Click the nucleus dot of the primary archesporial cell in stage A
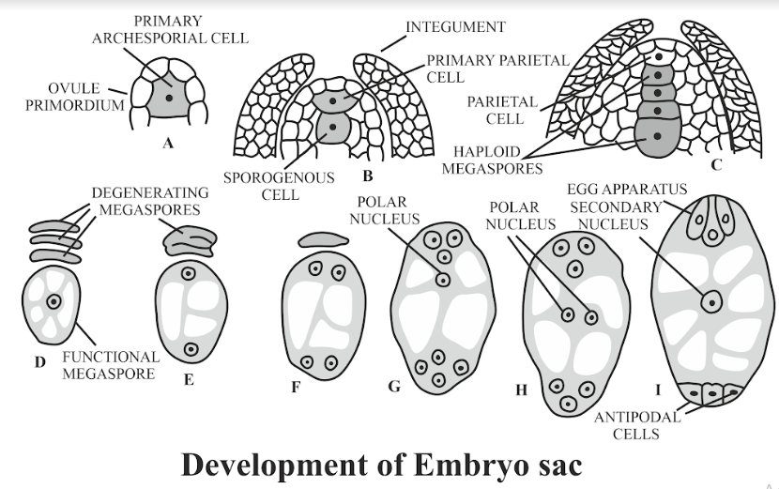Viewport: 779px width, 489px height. pyautogui.click(x=169, y=98)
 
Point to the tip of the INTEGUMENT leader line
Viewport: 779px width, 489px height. pyautogui.click(x=381, y=52)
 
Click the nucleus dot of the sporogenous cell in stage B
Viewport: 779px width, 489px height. pyautogui.click(x=332, y=128)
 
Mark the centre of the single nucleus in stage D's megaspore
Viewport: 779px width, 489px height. pyautogui.click(x=53, y=301)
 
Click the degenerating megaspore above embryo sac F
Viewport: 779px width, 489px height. pyautogui.click(x=324, y=240)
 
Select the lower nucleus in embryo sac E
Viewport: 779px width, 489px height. pyautogui.click(x=191, y=349)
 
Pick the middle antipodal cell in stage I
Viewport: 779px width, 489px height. pyautogui.click(x=712, y=392)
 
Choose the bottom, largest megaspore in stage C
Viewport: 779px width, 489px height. pyautogui.click(x=657, y=137)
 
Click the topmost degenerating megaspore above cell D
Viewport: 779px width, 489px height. pyautogui.click(x=54, y=227)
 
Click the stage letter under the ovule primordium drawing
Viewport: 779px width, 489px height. pyautogui.click(x=168, y=144)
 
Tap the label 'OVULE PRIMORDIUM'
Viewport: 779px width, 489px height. pyautogui.click(x=74, y=97)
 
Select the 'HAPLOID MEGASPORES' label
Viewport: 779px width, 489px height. pyautogui.click(x=492, y=160)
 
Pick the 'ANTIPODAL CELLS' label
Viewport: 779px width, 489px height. pyautogui.click(x=636, y=425)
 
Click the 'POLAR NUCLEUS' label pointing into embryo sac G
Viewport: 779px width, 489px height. pyautogui.click(x=385, y=210)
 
